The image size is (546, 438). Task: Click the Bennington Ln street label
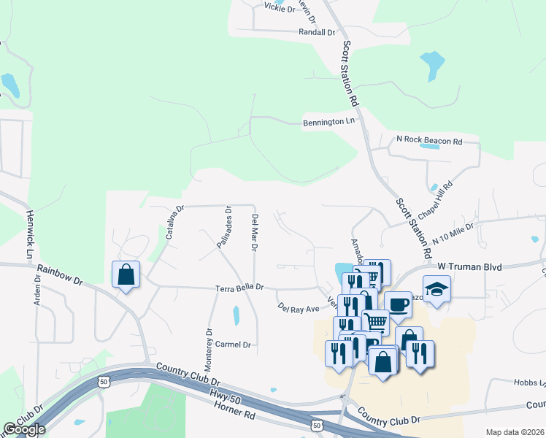[x=328, y=122]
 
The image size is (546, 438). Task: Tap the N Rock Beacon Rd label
[x=429, y=140]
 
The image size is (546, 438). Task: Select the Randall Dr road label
[x=317, y=33]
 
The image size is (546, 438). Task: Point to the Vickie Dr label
[x=280, y=9]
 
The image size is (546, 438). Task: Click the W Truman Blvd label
[x=470, y=267]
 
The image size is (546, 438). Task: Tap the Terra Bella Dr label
[x=239, y=288]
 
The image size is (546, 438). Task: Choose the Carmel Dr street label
[x=233, y=344]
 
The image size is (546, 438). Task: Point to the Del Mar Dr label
[x=255, y=233]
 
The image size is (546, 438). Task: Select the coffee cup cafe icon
[x=399, y=304]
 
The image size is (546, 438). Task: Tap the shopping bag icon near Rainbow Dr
[x=126, y=274]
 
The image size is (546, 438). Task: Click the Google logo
[x=24, y=430]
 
